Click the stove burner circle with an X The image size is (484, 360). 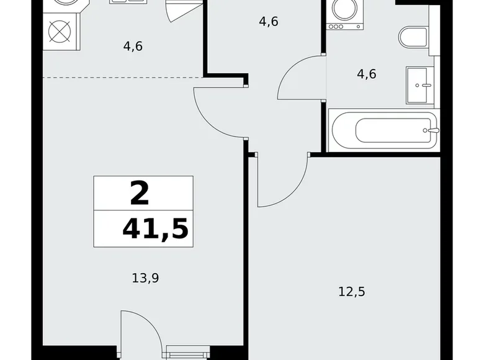click(61, 32)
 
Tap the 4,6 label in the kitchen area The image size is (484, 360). click(133, 45)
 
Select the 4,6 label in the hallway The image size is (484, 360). click(268, 22)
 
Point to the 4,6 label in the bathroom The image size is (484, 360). click(366, 73)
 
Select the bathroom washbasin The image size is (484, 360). click(421, 84)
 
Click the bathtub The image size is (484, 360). click(385, 130)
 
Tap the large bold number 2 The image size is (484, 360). click(140, 194)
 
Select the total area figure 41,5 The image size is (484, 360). click(155, 228)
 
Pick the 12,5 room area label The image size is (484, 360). click(352, 291)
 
